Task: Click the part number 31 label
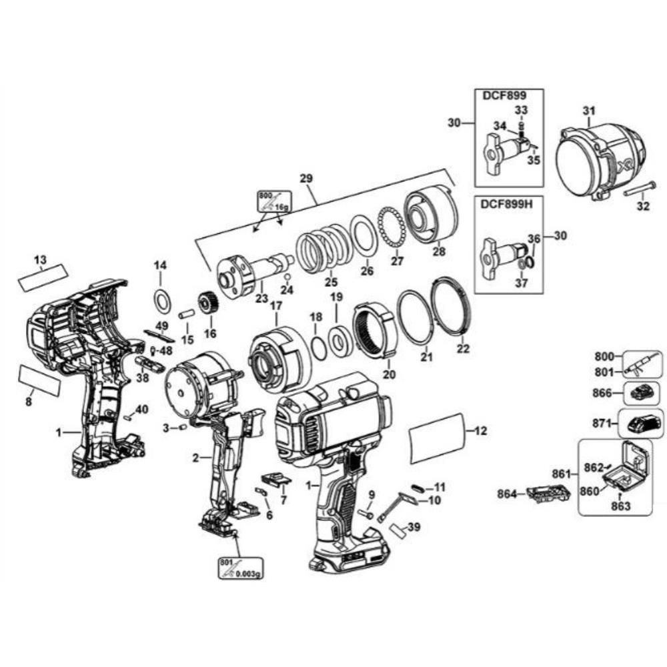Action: pos(588,110)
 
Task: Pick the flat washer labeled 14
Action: pos(161,301)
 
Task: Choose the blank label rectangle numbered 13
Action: pos(43,277)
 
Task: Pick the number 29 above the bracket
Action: pos(306,179)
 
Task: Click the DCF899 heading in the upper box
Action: pos(500,96)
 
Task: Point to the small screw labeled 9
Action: pos(366,514)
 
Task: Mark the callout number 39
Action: pos(414,527)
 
